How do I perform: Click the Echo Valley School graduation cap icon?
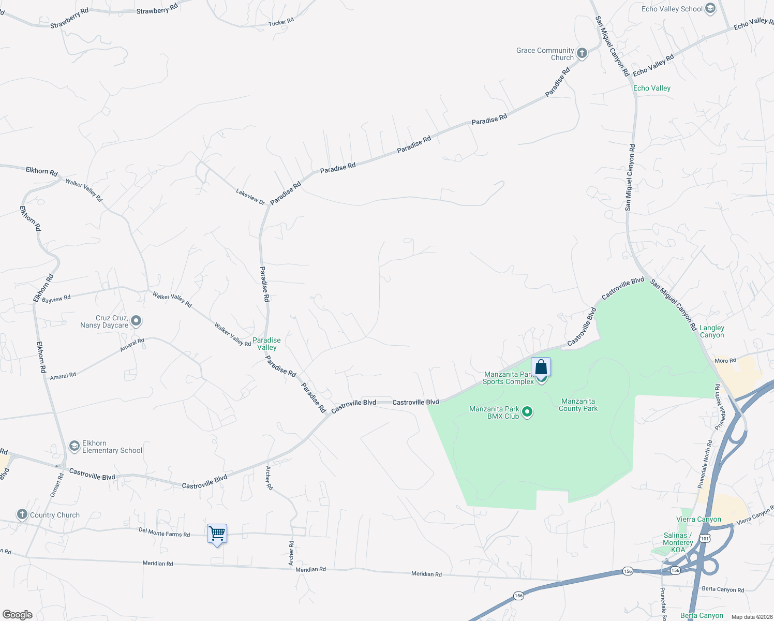click(710, 8)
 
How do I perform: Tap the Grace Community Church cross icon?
click(582, 53)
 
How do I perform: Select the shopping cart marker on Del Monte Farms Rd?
click(217, 533)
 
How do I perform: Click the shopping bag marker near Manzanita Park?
click(541, 367)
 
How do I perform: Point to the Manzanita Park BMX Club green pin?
click(527, 412)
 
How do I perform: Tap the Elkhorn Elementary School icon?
click(75, 446)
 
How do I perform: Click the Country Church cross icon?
click(22, 514)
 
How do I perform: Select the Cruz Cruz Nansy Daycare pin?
click(136, 321)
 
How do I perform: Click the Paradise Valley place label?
click(266, 344)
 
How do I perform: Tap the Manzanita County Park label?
click(578, 405)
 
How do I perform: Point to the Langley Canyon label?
click(712, 331)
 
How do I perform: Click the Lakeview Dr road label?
click(250, 197)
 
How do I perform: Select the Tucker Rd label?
click(281, 22)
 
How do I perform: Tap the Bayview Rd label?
click(56, 299)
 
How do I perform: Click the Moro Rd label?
click(725, 361)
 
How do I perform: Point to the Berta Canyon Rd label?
click(723, 589)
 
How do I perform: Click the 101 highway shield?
click(704, 539)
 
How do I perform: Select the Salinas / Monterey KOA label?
click(677, 542)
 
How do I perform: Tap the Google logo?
click(18, 615)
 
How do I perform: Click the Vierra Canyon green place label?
click(698, 519)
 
